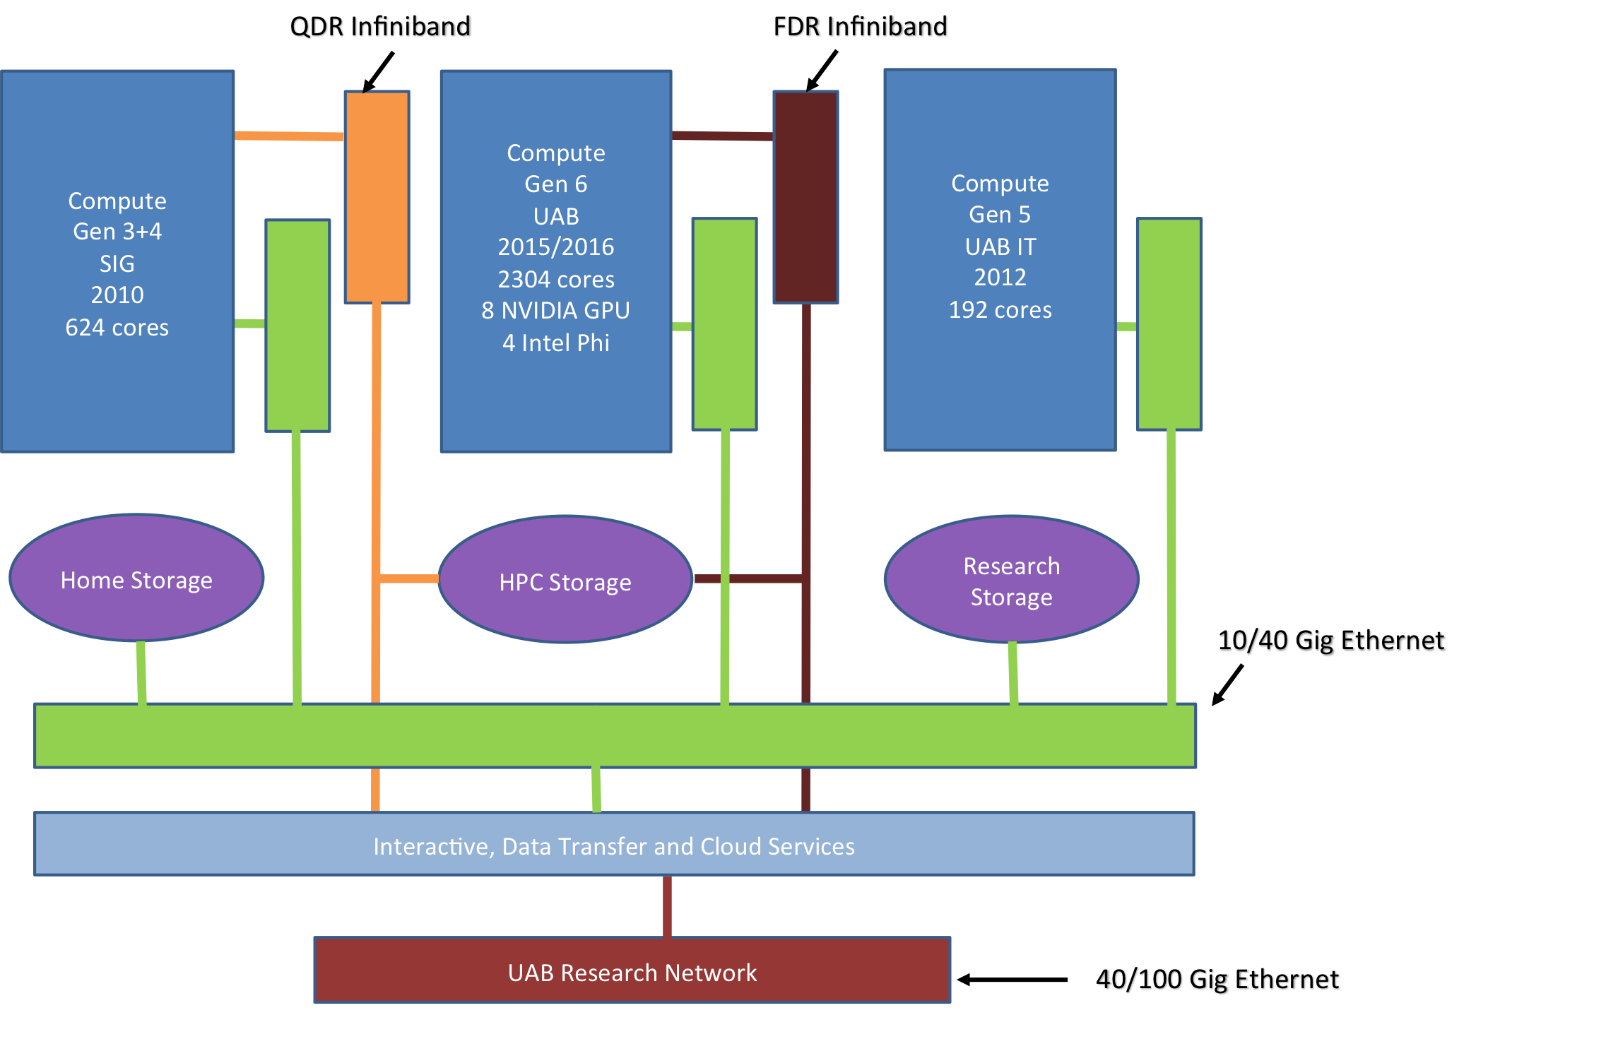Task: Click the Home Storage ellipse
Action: point(136,578)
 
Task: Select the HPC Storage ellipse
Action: point(565,580)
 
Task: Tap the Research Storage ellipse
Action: point(1011,580)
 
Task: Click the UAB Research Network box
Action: point(632,970)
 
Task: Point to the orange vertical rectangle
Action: point(377,197)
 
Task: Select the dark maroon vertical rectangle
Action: point(805,197)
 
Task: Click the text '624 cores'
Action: point(117,328)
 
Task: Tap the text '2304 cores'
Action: point(556,280)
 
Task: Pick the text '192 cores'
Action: point(1000,310)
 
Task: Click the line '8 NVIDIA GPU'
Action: point(556,311)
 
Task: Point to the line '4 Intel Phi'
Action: point(556,343)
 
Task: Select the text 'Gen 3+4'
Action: point(117,232)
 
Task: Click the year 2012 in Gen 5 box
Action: point(1000,278)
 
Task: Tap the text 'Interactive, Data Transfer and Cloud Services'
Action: point(614,846)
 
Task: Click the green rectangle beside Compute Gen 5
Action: point(1169,324)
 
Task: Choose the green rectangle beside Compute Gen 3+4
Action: point(297,325)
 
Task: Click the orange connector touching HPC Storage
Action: point(409,579)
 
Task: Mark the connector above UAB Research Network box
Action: point(667,906)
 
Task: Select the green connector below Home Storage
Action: point(141,672)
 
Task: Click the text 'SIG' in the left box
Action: point(117,263)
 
